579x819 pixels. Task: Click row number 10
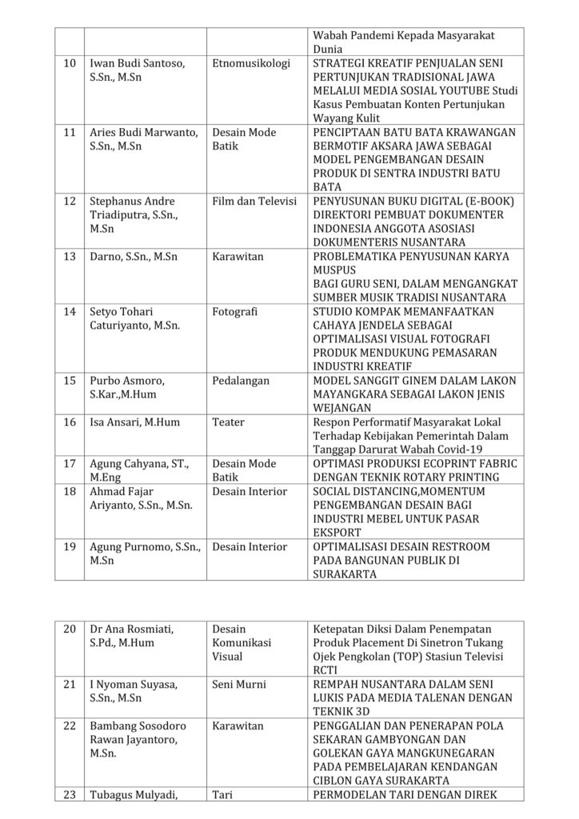coord(70,63)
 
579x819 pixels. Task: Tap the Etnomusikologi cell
coord(251,63)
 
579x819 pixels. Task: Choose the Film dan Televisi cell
coord(254,201)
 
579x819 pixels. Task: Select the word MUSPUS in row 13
coord(336,270)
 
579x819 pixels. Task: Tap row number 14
coord(70,311)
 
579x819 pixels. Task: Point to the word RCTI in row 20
coord(326,669)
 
